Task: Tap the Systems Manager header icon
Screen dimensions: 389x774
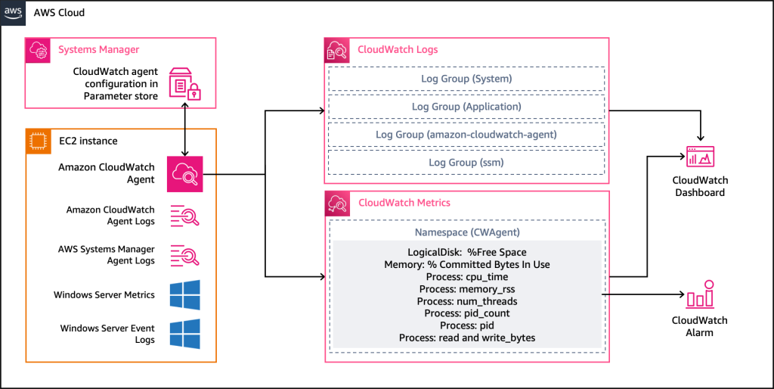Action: tap(39, 50)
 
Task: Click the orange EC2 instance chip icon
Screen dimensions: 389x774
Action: tap(39, 141)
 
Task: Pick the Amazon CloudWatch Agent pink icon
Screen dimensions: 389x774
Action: tap(184, 173)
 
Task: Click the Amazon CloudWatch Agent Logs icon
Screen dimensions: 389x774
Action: tap(184, 216)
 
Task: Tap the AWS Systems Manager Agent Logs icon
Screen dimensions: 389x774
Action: tap(184, 254)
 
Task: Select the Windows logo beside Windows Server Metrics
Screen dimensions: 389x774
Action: tap(184, 294)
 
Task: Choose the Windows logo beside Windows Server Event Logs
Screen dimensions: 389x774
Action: tap(184, 334)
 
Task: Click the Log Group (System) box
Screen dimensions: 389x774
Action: tap(466, 79)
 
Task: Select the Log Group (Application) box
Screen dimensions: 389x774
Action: tap(466, 107)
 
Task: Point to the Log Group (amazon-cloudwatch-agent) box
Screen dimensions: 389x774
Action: tap(466, 135)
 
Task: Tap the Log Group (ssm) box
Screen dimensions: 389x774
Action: tap(466, 163)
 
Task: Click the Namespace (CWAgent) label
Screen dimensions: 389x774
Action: tap(466, 232)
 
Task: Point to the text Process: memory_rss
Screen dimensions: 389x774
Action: tap(466, 289)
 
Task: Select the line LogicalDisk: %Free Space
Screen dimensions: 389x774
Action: tap(466, 252)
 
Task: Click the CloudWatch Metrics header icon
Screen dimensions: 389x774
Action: tap(337, 203)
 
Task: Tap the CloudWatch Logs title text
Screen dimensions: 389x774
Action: tap(398, 50)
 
